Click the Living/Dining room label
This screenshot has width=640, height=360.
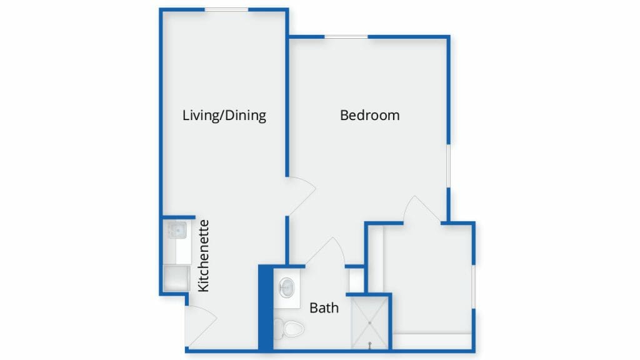[x=224, y=116]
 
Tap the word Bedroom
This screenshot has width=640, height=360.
[x=370, y=115]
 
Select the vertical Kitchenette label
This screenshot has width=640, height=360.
[x=203, y=256]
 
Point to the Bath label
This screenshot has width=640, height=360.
[x=324, y=307]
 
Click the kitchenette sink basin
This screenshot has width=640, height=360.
[x=177, y=230]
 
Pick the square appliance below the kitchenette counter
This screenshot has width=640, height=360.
[x=176, y=278]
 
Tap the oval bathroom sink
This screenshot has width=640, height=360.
[x=287, y=287]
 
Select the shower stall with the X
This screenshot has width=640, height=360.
[x=369, y=323]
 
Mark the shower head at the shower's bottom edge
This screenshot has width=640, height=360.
[x=370, y=345]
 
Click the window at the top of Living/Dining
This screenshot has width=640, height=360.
[x=226, y=10]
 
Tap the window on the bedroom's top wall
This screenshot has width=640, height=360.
[x=346, y=37]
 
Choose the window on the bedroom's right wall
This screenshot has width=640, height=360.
[x=448, y=166]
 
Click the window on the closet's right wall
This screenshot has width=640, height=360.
[x=474, y=286]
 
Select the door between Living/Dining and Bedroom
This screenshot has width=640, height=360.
[x=301, y=196]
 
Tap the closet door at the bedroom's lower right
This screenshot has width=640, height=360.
[x=422, y=209]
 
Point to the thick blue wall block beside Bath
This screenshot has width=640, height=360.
[x=266, y=307]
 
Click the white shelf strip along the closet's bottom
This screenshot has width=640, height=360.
[x=432, y=341]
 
